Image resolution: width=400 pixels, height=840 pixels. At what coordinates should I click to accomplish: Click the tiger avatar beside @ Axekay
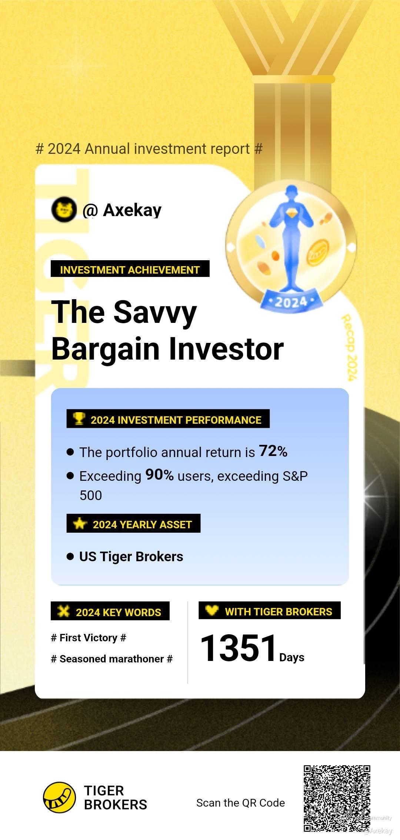[x=64, y=209]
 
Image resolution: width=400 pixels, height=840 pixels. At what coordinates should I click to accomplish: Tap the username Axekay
[x=132, y=210]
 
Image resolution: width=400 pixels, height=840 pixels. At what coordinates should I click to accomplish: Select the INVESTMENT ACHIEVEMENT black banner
[x=130, y=269]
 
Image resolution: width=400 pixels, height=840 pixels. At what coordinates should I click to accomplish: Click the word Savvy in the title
[x=155, y=312]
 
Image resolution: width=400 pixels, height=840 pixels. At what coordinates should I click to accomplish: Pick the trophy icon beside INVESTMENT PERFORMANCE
[x=79, y=419]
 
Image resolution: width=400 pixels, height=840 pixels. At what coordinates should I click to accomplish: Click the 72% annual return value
[x=273, y=451]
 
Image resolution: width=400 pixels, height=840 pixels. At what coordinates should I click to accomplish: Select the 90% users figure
[x=159, y=475]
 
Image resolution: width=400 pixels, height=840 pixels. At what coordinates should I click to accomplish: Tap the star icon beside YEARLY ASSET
[x=80, y=523]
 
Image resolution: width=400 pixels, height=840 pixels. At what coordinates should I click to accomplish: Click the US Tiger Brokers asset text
[x=131, y=557]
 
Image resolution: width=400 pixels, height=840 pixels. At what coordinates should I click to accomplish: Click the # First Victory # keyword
[x=89, y=638]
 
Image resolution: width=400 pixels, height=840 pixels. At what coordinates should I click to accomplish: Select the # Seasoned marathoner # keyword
[x=112, y=659]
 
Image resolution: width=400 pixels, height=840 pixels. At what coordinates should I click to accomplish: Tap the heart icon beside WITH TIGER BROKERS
[x=212, y=610]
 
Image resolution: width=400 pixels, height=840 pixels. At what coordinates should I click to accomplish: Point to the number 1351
[x=239, y=648]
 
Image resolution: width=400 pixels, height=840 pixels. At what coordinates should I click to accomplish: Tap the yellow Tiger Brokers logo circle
[x=59, y=797]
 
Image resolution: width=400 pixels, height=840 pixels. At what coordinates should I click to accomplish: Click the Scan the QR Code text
[x=241, y=803]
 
